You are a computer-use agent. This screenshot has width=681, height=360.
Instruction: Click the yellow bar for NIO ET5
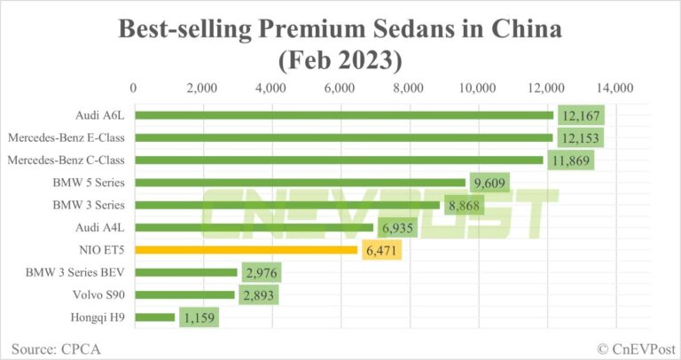(x=246, y=250)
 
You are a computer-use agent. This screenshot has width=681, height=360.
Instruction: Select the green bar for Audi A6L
(x=343, y=115)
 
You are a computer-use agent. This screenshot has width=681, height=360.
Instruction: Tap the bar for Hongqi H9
(x=154, y=317)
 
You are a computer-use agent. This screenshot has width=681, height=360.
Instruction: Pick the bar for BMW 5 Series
(x=300, y=183)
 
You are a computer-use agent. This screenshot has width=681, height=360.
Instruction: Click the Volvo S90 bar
(x=184, y=294)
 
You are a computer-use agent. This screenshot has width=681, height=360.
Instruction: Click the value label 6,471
(x=380, y=250)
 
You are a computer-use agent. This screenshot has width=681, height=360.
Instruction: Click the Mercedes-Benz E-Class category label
(x=67, y=137)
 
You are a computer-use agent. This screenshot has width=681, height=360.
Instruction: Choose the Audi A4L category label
(x=101, y=228)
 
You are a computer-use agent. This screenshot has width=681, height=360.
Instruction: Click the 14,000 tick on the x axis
(x=614, y=88)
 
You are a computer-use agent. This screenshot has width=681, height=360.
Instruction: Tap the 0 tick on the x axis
(x=134, y=88)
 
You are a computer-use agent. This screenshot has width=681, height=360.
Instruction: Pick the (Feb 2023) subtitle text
(x=340, y=62)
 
